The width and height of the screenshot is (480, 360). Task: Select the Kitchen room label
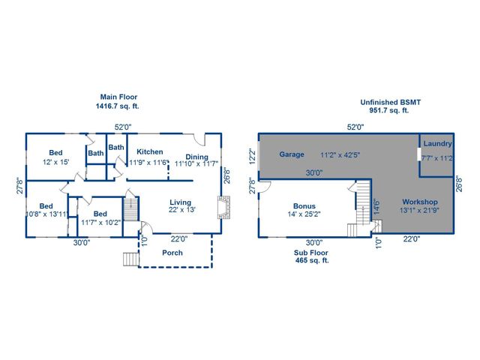(149, 151)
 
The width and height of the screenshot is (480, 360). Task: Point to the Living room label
(181, 202)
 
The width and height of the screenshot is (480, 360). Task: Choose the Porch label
(172, 252)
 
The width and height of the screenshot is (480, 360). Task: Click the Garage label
(292, 154)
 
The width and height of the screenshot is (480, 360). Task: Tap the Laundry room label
(437, 143)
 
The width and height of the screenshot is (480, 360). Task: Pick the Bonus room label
(304, 206)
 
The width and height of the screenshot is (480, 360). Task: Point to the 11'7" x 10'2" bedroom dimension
(100, 222)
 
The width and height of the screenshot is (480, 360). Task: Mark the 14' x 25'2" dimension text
(304, 216)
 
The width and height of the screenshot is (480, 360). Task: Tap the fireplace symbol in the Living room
(222, 207)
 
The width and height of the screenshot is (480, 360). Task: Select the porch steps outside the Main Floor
(130, 260)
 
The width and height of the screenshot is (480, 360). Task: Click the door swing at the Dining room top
(199, 139)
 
